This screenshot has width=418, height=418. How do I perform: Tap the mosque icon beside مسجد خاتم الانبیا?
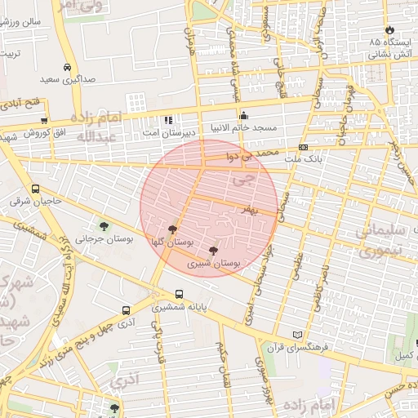pos(243,115)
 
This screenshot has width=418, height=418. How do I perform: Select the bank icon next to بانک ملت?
pos(304,148)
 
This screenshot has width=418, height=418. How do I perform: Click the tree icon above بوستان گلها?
pos(171,230)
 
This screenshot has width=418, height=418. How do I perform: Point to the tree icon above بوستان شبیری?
pos(213,251)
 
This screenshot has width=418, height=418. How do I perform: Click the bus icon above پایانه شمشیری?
pos(179,295)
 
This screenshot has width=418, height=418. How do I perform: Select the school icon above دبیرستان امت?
pos(168,120)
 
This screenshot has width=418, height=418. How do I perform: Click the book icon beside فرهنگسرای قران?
pos(296,336)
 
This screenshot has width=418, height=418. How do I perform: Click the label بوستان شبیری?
pos(213,264)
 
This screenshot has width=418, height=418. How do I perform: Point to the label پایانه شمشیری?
pos(180,308)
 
